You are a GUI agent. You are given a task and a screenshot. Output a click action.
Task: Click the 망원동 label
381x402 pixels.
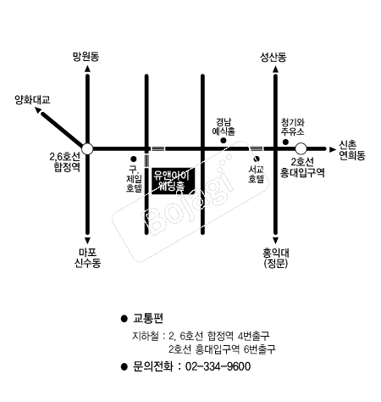[x=86, y=57]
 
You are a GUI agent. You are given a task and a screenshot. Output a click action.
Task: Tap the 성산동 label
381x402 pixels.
[x=273, y=57]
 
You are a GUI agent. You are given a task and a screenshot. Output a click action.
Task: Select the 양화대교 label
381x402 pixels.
[x=32, y=99]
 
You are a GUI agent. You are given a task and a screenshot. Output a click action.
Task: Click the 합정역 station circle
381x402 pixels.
[x=87, y=148]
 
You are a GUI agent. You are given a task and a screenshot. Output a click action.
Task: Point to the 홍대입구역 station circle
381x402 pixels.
[x=301, y=148]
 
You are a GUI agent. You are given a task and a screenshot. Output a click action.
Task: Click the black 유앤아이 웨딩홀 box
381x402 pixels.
[x=173, y=181]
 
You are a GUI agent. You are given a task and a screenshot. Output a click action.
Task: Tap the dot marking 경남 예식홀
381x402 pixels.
[x=224, y=140]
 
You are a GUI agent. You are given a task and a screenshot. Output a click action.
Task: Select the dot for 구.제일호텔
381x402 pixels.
[x=134, y=159]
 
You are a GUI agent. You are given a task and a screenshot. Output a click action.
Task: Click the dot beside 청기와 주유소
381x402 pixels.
[x=285, y=142]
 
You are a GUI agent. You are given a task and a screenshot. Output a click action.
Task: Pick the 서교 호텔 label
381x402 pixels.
[x=256, y=175]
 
